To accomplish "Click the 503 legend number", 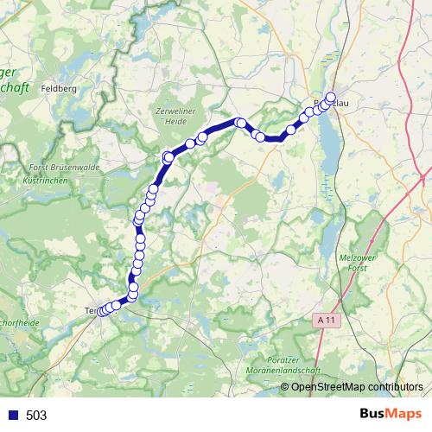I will (x=37, y=416).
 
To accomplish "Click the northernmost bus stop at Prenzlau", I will (x=330, y=97).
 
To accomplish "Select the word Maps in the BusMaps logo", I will (x=403, y=414).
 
